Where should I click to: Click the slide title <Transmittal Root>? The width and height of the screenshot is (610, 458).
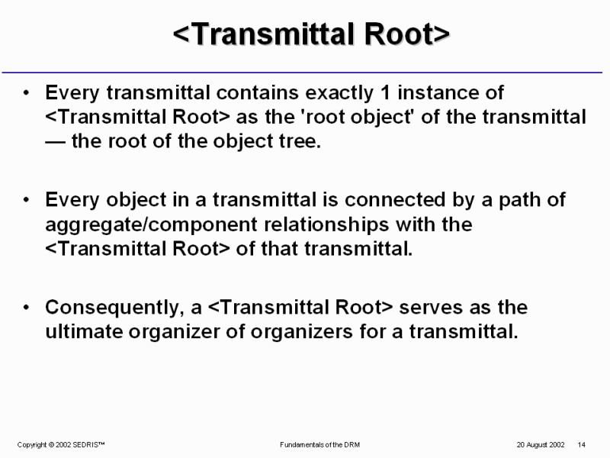tap(311, 34)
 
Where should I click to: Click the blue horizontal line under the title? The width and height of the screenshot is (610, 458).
tap(302, 73)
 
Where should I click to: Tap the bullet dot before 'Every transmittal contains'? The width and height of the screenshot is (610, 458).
tap(26, 92)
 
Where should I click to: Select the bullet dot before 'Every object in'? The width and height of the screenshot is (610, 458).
tap(26, 200)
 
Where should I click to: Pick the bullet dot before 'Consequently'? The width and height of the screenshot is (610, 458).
tap(26, 308)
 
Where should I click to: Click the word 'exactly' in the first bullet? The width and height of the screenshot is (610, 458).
tap(339, 93)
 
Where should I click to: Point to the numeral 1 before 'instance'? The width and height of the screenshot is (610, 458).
tap(385, 92)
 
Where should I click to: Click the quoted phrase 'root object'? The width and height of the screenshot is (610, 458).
tap(357, 118)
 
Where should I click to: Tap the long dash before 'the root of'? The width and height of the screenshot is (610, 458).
tap(55, 142)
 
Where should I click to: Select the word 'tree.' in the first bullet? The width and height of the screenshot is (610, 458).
tap(300, 141)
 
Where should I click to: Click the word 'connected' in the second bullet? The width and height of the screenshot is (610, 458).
tap(395, 200)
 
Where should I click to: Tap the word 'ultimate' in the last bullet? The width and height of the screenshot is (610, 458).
tap(84, 331)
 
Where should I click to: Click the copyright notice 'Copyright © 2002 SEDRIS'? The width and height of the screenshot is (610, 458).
tap(61, 445)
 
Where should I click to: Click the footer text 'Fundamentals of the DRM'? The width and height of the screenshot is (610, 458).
tap(319, 445)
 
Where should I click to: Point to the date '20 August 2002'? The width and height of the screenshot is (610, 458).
tap(541, 445)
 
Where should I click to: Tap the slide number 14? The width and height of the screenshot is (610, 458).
tap(582, 445)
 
